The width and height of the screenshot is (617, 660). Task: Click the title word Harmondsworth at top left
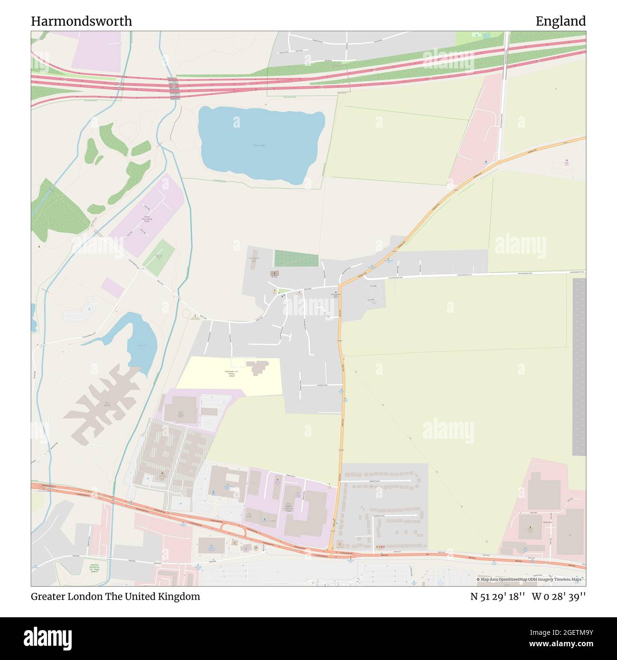(x=82, y=21)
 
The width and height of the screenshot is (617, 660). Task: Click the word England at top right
(x=561, y=21)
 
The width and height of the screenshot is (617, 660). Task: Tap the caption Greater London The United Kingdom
(x=115, y=596)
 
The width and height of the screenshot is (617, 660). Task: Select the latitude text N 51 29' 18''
(x=497, y=596)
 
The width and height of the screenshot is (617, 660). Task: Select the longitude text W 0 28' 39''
(x=559, y=596)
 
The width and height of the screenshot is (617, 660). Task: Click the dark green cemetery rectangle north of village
(x=296, y=259)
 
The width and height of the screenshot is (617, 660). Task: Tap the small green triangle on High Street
(x=284, y=291)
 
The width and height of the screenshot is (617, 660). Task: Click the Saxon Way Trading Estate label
(x=147, y=219)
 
